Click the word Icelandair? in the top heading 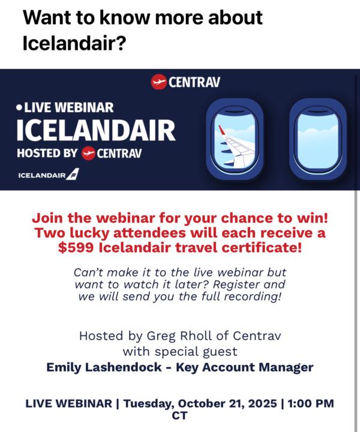coord(74,44)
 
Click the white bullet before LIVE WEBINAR coord(19,107)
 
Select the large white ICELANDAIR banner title coord(96,129)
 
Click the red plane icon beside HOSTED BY coord(88,153)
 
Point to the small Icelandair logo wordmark coord(48,175)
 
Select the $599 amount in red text coord(75,248)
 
